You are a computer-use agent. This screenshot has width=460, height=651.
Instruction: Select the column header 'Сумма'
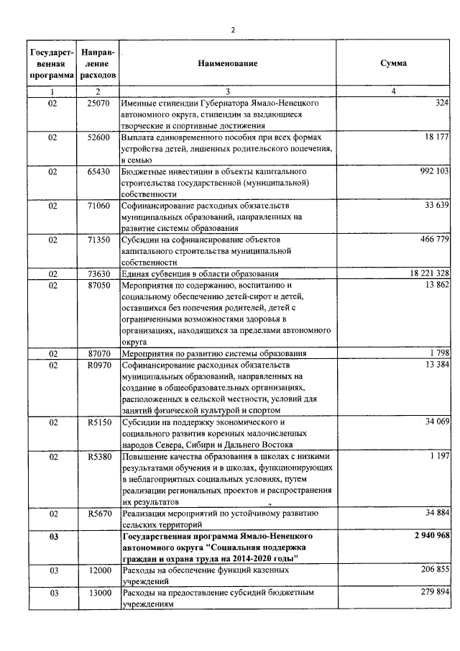(393, 63)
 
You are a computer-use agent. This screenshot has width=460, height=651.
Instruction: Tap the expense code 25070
(98, 104)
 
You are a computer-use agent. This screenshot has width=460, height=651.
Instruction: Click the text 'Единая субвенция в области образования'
(199, 274)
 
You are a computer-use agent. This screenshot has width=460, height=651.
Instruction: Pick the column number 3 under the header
(227, 92)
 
